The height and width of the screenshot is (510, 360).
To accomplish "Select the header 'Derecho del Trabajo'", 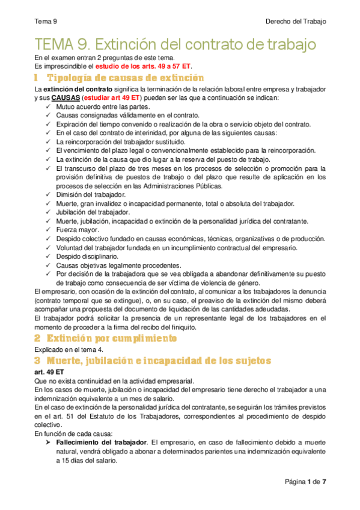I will (296, 22).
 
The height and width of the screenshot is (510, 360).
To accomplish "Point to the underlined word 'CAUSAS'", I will (65, 97).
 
